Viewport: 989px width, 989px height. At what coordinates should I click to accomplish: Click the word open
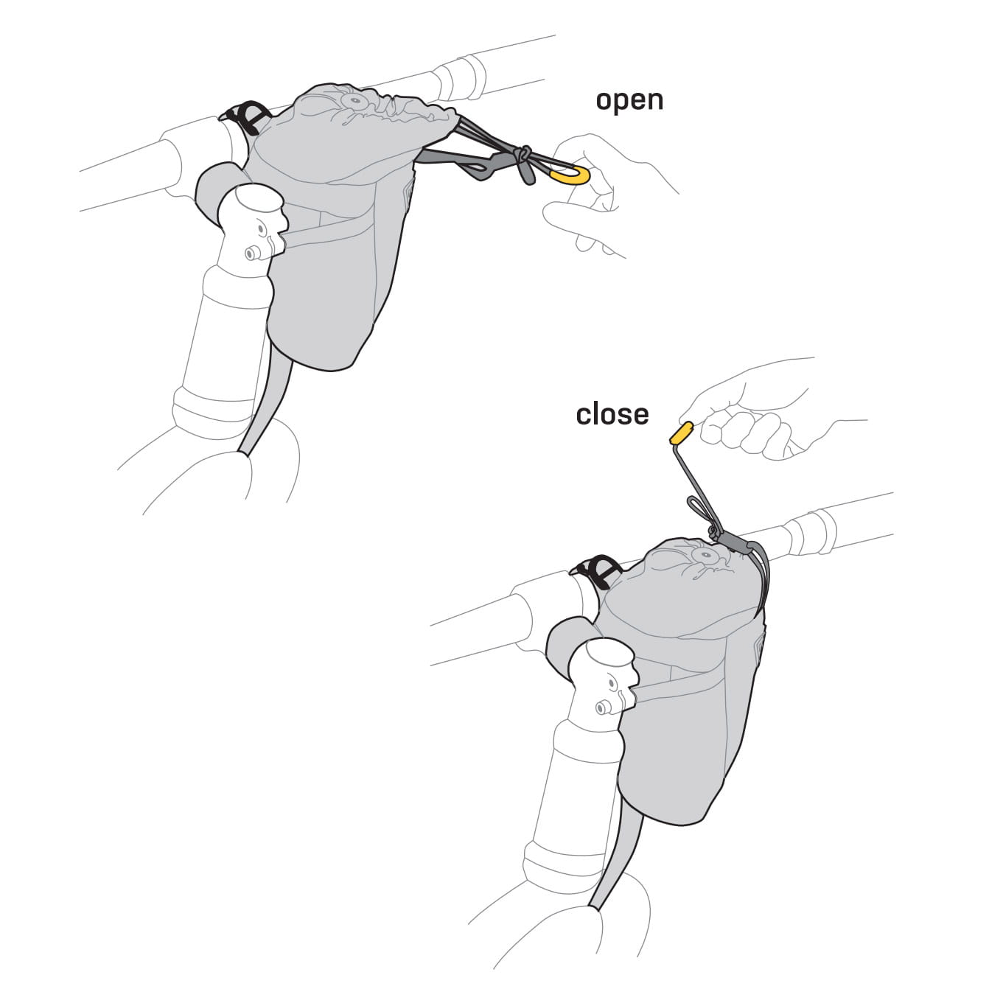pyautogui.click(x=629, y=100)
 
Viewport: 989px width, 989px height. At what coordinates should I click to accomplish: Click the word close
pyautogui.click(x=612, y=414)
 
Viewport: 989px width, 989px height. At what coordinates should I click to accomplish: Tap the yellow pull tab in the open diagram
pyautogui.click(x=570, y=175)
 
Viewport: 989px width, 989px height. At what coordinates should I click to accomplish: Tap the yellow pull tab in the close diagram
pyautogui.click(x=682, y=432)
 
